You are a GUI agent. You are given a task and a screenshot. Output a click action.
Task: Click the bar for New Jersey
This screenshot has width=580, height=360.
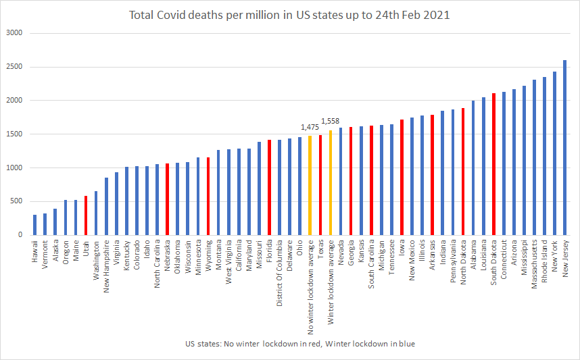tap(564, 148)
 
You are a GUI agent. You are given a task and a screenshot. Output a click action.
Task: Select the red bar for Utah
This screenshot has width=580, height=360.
tap(86, 215)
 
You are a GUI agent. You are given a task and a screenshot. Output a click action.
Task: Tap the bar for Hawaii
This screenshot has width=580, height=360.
tap(34, 225)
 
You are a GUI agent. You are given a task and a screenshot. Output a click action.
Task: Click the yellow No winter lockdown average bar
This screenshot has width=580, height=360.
tap(310, 186)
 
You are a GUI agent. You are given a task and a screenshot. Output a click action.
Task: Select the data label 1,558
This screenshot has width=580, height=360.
tap(331, 121)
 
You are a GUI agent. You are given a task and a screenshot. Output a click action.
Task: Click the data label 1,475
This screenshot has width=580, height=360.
tap(310, 126)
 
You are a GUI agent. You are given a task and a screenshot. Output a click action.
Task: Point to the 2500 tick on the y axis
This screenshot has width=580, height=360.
tap(14, 67)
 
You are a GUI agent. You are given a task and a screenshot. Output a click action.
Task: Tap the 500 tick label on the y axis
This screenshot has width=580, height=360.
tap(16, 201)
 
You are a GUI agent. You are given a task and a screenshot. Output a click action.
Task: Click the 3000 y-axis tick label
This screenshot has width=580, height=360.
tap(14, 33)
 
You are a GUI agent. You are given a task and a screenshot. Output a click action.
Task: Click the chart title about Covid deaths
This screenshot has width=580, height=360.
tap(289, 15)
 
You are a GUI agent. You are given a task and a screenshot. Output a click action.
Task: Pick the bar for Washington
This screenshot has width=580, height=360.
tap(96, 213)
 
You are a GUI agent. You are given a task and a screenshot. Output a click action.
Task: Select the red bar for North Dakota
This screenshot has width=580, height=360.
tap(463, 172)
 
